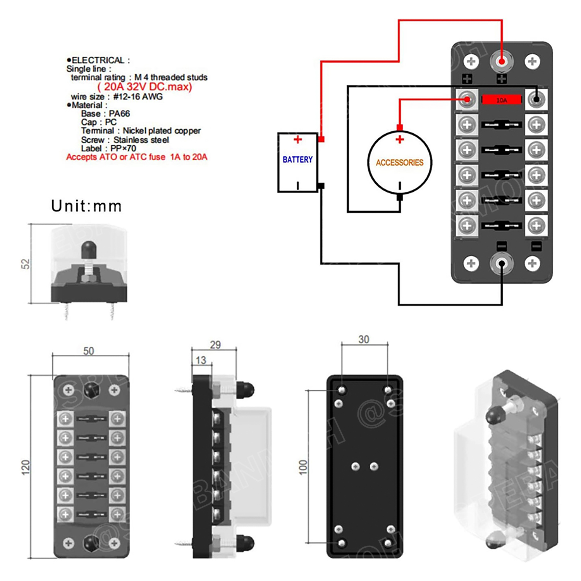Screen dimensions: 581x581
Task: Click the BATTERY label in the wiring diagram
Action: point(297,160)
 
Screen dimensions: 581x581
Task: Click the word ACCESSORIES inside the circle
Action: point(399,163)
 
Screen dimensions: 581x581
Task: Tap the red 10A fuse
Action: point(501,100)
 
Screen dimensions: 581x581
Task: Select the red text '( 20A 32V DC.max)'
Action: point(144,87)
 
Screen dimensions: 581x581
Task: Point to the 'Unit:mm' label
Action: point(86,206)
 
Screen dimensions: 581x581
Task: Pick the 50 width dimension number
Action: point(89,351)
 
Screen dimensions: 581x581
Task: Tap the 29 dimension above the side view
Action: point(215,345)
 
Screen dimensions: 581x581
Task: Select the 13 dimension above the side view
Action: point(201,360)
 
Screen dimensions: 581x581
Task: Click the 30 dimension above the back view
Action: point(363,340)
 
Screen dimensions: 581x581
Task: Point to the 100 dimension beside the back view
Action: point(303,468)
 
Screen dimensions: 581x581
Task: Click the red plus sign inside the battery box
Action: point(297,139)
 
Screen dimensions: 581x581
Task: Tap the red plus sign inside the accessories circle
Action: point(400,139)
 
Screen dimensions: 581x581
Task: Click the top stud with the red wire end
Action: point(502,62)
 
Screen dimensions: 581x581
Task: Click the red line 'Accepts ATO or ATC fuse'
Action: point(137,157)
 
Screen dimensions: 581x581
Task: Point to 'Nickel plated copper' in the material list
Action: point(162,131)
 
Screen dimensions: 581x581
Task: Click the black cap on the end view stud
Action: point(89,250)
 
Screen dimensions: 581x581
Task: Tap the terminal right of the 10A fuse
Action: point(536,100)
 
